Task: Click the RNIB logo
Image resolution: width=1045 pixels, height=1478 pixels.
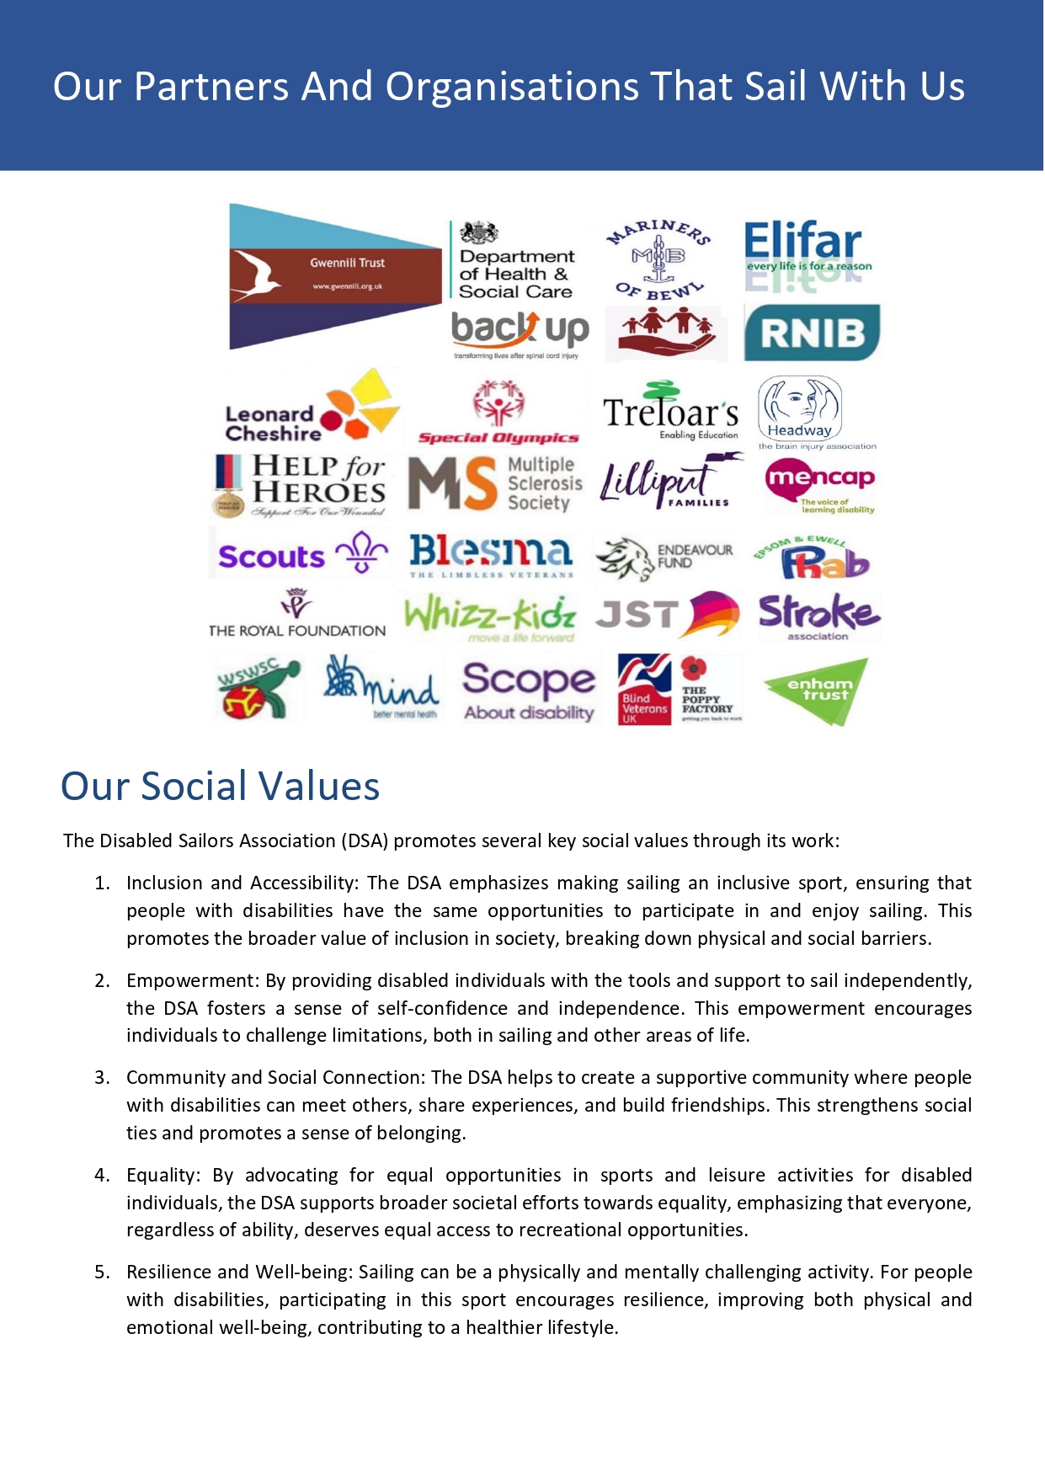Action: [812, 333]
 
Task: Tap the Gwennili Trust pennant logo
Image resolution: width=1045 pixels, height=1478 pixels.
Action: [335, 275]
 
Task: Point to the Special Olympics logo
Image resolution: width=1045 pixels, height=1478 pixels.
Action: [499, 413]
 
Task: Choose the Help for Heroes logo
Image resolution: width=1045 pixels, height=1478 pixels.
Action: [301, 484]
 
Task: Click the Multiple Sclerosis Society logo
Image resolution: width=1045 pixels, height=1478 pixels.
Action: [495, 483]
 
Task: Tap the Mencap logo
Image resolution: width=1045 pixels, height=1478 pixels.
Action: [819, 484]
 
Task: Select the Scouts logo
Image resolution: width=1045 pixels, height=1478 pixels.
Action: [301, 554]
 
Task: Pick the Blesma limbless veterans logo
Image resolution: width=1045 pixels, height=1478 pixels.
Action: [491, 555]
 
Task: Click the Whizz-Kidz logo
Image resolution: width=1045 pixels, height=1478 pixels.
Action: [490, 617]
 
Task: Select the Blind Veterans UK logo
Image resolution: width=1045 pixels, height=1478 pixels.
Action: [644, 690]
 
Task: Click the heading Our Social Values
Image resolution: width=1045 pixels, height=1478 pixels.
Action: [221, 786]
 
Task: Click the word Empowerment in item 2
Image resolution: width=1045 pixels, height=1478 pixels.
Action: [193, 980]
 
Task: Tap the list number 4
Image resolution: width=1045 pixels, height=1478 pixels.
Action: [102, 1175]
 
